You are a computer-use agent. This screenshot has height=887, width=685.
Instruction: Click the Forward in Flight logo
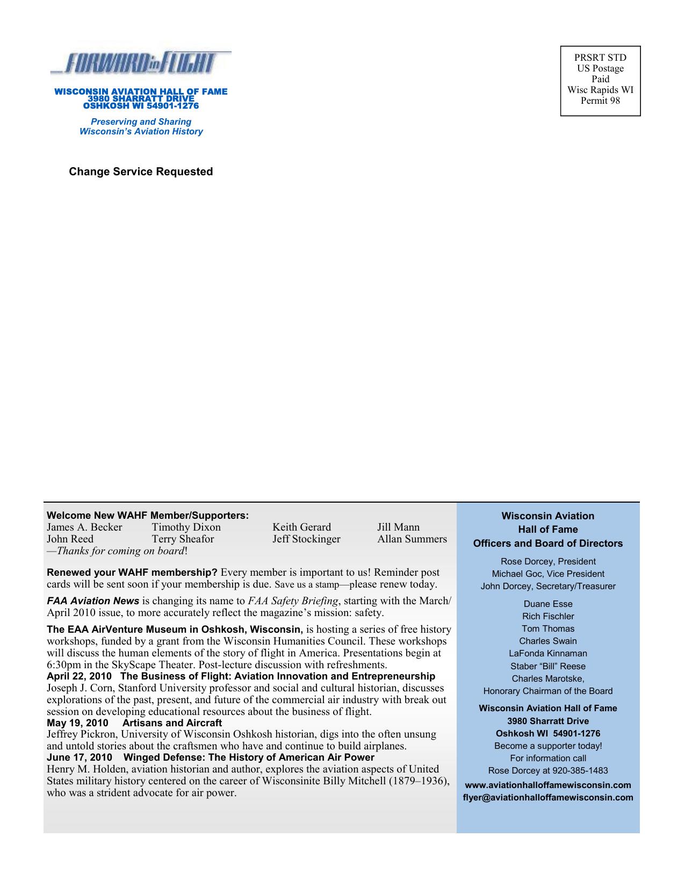(x=141, y=63)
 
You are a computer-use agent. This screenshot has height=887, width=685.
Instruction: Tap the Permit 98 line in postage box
(x=600, y=101)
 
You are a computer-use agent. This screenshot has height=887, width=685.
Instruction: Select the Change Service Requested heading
(x=141, y=171)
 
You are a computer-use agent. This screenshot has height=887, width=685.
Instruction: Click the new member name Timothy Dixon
(x=186, y=527)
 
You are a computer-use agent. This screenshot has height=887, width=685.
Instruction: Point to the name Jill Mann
(x=398, y=527)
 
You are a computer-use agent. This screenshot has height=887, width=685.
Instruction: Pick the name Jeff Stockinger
(x=306, y=539)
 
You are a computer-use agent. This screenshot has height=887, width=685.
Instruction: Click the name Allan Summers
(x=412, y=539)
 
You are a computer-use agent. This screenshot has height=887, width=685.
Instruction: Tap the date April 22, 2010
(x=79, y=676)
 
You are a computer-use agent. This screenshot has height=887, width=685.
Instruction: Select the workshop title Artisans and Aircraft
(x=172, y=723)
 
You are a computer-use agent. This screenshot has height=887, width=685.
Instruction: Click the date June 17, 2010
(x=80, y=757)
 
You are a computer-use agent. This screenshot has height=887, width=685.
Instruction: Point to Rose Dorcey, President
(x=548, y=562)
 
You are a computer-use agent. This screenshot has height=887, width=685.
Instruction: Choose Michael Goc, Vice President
(x=548, y=574)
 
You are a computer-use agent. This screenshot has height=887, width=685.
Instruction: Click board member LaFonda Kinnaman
(x=548, y=654)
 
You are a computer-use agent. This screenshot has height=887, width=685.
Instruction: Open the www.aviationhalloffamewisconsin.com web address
(x=548, y=785)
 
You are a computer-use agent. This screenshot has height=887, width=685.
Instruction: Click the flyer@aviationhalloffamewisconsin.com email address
(x=548, y=798)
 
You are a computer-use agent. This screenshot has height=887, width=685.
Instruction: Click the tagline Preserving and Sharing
(x=141, y=122)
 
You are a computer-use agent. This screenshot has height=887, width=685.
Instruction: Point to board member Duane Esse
(x=548, y=604)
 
